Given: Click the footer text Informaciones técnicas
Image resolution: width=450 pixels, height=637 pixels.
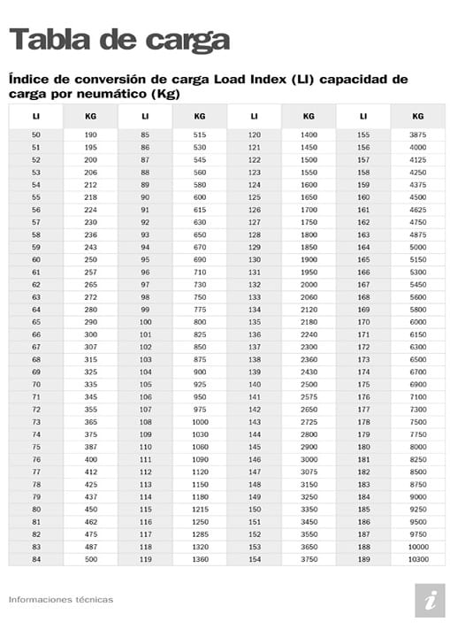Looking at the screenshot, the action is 60,599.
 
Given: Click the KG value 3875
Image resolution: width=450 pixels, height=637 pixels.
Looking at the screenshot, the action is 418,134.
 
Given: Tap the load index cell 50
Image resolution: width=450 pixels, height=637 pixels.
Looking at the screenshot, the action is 35,134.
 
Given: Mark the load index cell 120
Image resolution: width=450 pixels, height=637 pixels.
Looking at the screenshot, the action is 255,134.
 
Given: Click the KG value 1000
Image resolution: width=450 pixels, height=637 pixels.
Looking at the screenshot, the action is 200,421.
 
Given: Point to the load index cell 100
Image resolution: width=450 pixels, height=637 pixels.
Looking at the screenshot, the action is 145,323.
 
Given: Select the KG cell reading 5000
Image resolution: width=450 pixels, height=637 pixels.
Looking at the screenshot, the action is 418,247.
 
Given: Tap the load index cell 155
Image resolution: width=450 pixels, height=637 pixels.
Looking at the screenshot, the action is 363,134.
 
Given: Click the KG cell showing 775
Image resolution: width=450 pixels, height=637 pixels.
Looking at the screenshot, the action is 200,310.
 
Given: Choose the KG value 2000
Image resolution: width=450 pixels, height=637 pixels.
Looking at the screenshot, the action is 309,285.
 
